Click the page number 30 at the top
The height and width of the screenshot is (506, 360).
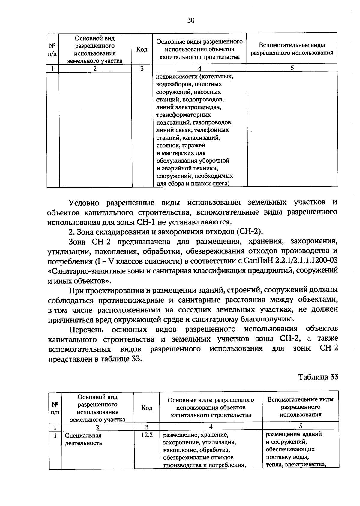[191, 20]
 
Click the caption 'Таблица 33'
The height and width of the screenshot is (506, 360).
[318, 377]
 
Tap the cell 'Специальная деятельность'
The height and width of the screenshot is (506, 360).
[83, 439]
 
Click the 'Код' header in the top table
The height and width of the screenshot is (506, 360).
[142, 49]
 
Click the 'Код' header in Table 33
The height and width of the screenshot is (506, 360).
[147, 408]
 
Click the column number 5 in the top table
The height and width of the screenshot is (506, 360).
[292, 68]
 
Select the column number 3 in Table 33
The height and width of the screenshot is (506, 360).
[147, 426]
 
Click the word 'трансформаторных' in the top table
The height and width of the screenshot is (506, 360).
[183, 115]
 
